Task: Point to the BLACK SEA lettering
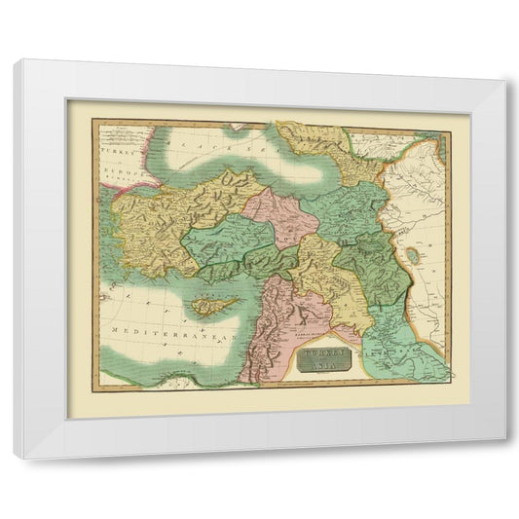pyautogui.click(x=204, y=146)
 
